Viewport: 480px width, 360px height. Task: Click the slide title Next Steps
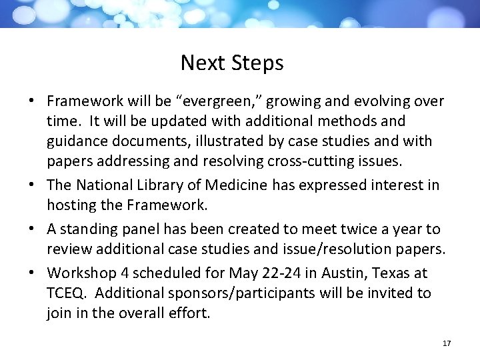pos(232,63)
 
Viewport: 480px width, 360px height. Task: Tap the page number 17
pos(447,343)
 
